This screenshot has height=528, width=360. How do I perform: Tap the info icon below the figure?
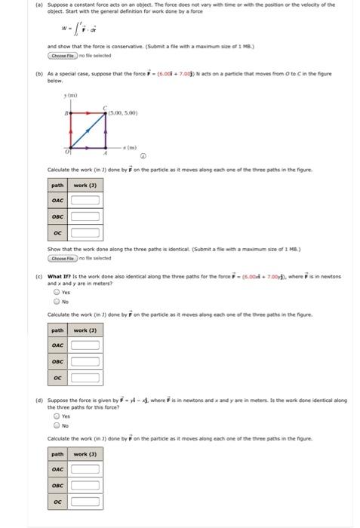pyautogui.click(x=142, y=157)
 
